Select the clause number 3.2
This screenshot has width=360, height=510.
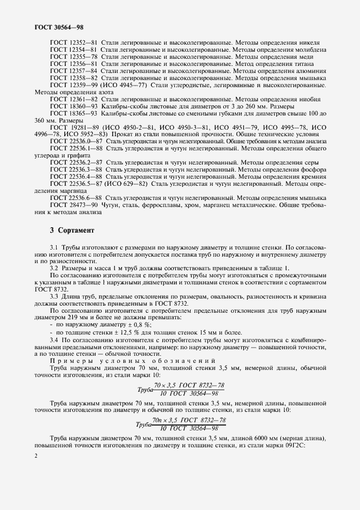coord(54,269)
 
